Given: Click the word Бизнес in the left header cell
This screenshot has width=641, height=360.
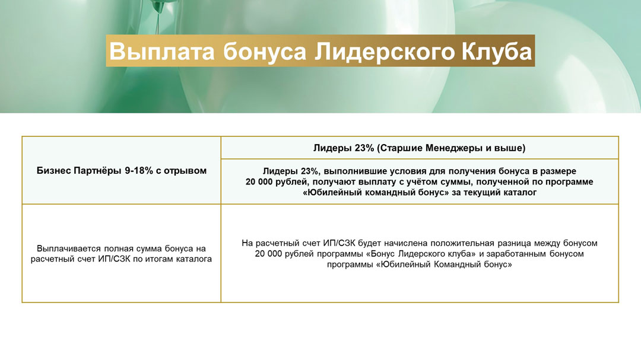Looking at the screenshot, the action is point(53,170).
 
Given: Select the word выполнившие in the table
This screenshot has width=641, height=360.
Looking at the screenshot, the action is point(353,171).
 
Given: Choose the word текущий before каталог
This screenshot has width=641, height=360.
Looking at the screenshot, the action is point(485,193).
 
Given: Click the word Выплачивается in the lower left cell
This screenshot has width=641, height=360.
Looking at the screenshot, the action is point(69,249).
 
